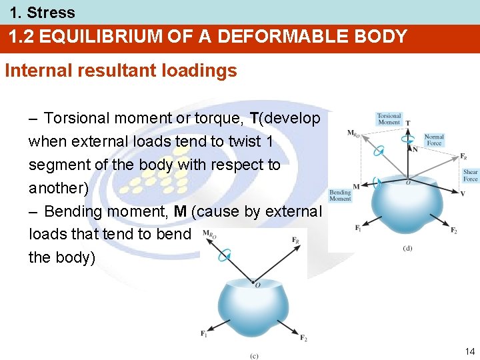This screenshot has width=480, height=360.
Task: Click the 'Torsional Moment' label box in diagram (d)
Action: pyautogui.click(x=389, y=119)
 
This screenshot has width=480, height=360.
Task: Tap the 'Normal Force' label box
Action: pyautogui.click(x=434, y=140)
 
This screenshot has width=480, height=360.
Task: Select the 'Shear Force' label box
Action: pyautogui.click(x=471, y=175)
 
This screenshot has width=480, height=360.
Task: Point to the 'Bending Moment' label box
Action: pyautogui.click(x=340, y=195)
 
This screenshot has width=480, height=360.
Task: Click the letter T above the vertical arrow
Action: pyautogui.click(x=408, y=123)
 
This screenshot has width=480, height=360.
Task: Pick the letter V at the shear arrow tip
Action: pyautogui.click(x=463, y=193)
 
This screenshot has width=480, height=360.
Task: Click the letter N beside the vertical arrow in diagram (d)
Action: pyautogui.click(x=415, y=149)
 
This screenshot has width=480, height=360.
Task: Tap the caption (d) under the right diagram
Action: pyautogui.click(x=407, y=248)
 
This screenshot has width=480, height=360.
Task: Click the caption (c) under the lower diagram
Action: pyautogui.click(x=254, y=356)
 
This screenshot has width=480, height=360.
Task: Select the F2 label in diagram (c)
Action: pyautogui.click(x=303, y=339)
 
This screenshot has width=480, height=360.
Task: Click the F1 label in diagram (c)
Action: pyautogui.click(x=204, y=333)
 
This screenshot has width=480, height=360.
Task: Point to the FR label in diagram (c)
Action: pyautogui.click(x=295, y=239)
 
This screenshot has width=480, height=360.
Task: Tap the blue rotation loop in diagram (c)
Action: pyautogui.click(x=227, y=254)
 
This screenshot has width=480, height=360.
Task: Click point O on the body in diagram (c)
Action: pyautogui.click(x=257, y=285)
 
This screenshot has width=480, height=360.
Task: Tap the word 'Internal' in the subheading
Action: pyautogui.click(x=34, y=71)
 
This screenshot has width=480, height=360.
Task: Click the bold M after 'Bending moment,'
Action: pyautogui.click(x=180, y=212)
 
